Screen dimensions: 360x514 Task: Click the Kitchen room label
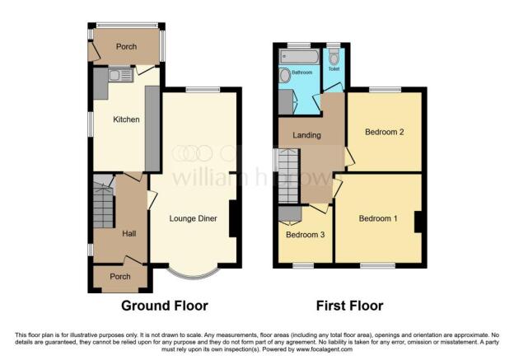(x=127, y=120)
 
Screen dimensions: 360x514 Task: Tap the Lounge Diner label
(x=193, y=218)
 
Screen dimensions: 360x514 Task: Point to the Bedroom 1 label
(x=378, y=218)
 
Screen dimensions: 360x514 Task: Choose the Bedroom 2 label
(x=383, y=132)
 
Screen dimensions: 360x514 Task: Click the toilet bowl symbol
(x=334, y=57)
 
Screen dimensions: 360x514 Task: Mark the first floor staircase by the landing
(x=288, y=174)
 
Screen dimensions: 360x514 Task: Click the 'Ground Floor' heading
(x=165, y=306)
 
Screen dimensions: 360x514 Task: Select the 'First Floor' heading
(x=349, y=306)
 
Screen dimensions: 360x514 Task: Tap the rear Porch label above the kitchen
(x=126, y=47)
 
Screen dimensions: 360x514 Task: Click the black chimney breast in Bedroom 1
(x=418, y=221)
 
